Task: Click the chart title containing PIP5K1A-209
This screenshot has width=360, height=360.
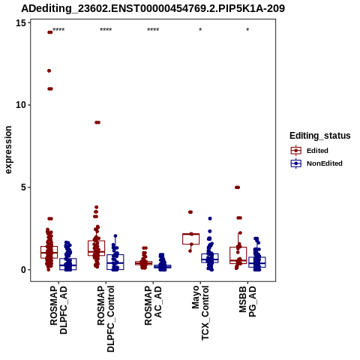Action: point(153,8)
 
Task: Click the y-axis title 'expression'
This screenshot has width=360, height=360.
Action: point(8,150)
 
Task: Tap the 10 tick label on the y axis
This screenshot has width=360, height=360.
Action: point(21,105)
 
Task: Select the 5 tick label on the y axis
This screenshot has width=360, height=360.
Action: point(24,187)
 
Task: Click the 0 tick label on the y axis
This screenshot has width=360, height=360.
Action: point(24,270)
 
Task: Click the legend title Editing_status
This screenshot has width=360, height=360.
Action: point(320,136)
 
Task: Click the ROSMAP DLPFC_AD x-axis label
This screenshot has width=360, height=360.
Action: point(58,310)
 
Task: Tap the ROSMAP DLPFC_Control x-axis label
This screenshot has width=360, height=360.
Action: point(106,319)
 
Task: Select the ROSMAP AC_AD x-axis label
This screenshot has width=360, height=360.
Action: point(153,305)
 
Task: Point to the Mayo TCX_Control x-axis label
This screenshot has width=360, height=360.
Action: point(200,313)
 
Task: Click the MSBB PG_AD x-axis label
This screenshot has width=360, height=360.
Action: point(247,301)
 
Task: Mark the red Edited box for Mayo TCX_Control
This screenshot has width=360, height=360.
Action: point(190,238)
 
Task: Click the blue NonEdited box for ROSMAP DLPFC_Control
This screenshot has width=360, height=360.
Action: point(115,262)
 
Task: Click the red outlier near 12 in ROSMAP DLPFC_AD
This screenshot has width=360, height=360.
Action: point(49,70)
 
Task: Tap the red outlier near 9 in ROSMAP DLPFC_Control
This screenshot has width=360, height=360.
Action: point(97,122)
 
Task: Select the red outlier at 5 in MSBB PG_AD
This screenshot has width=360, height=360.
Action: point(237,187)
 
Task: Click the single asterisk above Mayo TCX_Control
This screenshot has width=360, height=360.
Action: point(200,30)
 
